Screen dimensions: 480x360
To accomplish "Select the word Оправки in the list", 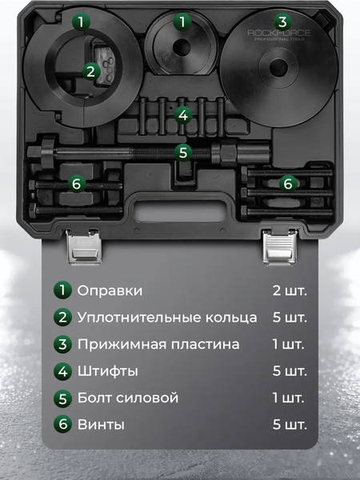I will coord(110,290).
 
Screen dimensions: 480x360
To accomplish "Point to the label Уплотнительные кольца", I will coord(167,317).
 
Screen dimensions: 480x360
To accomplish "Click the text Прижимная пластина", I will coord(158,344).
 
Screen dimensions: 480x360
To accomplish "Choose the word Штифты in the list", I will coord(108,371).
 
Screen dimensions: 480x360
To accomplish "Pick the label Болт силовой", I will coord(128,398).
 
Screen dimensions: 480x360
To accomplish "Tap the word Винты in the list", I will coord(102,425).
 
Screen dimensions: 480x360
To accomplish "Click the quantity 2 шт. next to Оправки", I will coord(290,290).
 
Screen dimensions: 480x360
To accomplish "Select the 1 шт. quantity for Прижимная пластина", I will coord(290,344).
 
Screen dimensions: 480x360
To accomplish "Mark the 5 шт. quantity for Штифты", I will coord(290,371).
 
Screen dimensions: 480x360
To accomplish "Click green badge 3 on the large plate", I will coord(282,21).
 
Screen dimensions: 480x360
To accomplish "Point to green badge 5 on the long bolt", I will coord(183,150).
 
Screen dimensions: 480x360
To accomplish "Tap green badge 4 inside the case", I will coord(183,115).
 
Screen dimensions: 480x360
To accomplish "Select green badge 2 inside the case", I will coord(90,71).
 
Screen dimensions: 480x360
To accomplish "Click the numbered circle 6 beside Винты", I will coord(62,425).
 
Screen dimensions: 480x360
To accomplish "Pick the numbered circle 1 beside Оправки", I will coord(62,290).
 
